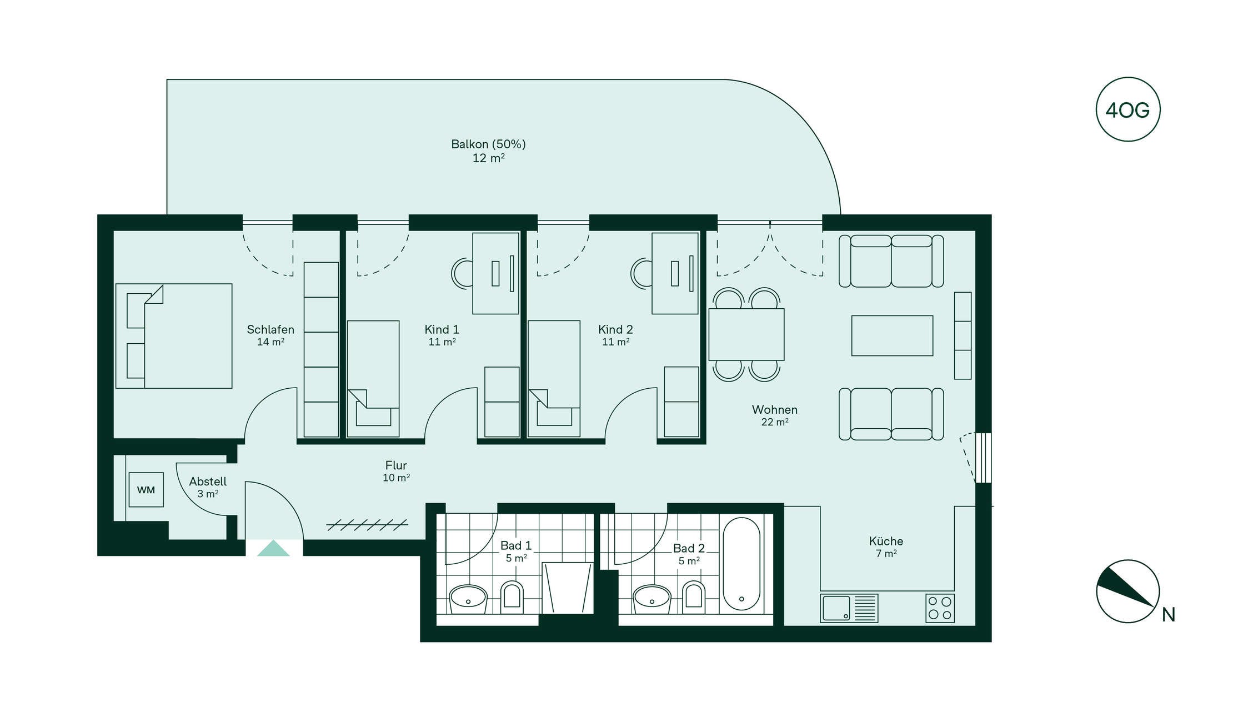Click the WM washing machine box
click(146, 489)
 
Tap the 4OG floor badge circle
click(1127, 109)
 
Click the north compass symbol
click(1127, 591)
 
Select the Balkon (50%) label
click(488, 144)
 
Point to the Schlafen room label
click(270, 329)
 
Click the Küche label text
click(886, 541)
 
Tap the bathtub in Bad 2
click(741, 564)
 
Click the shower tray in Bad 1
click(568, 588)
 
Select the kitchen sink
click(849, 608)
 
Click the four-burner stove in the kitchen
click(940, 608)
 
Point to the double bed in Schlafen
click(174, 336)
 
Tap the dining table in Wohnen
click(746, 334)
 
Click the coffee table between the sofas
click(892, 335)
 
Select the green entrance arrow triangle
click(273, 548)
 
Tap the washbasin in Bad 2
click(652, 598)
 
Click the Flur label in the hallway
click(396, 465)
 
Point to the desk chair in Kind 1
click(462, 273)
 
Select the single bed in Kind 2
click(554, 378)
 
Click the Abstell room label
click(208, 482)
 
